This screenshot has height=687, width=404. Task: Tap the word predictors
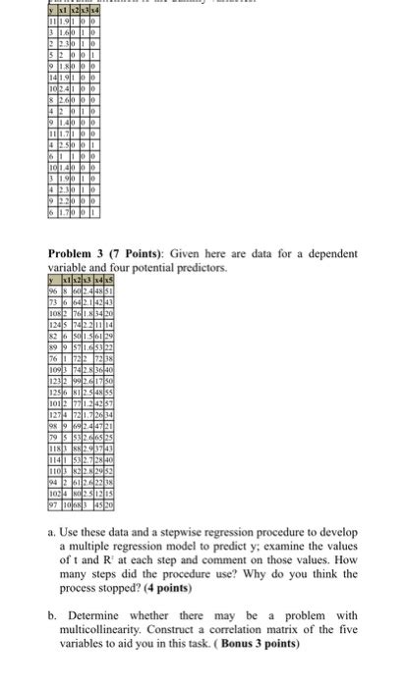tap(201, 266)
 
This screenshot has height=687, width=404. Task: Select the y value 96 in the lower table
tap(53, 291)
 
